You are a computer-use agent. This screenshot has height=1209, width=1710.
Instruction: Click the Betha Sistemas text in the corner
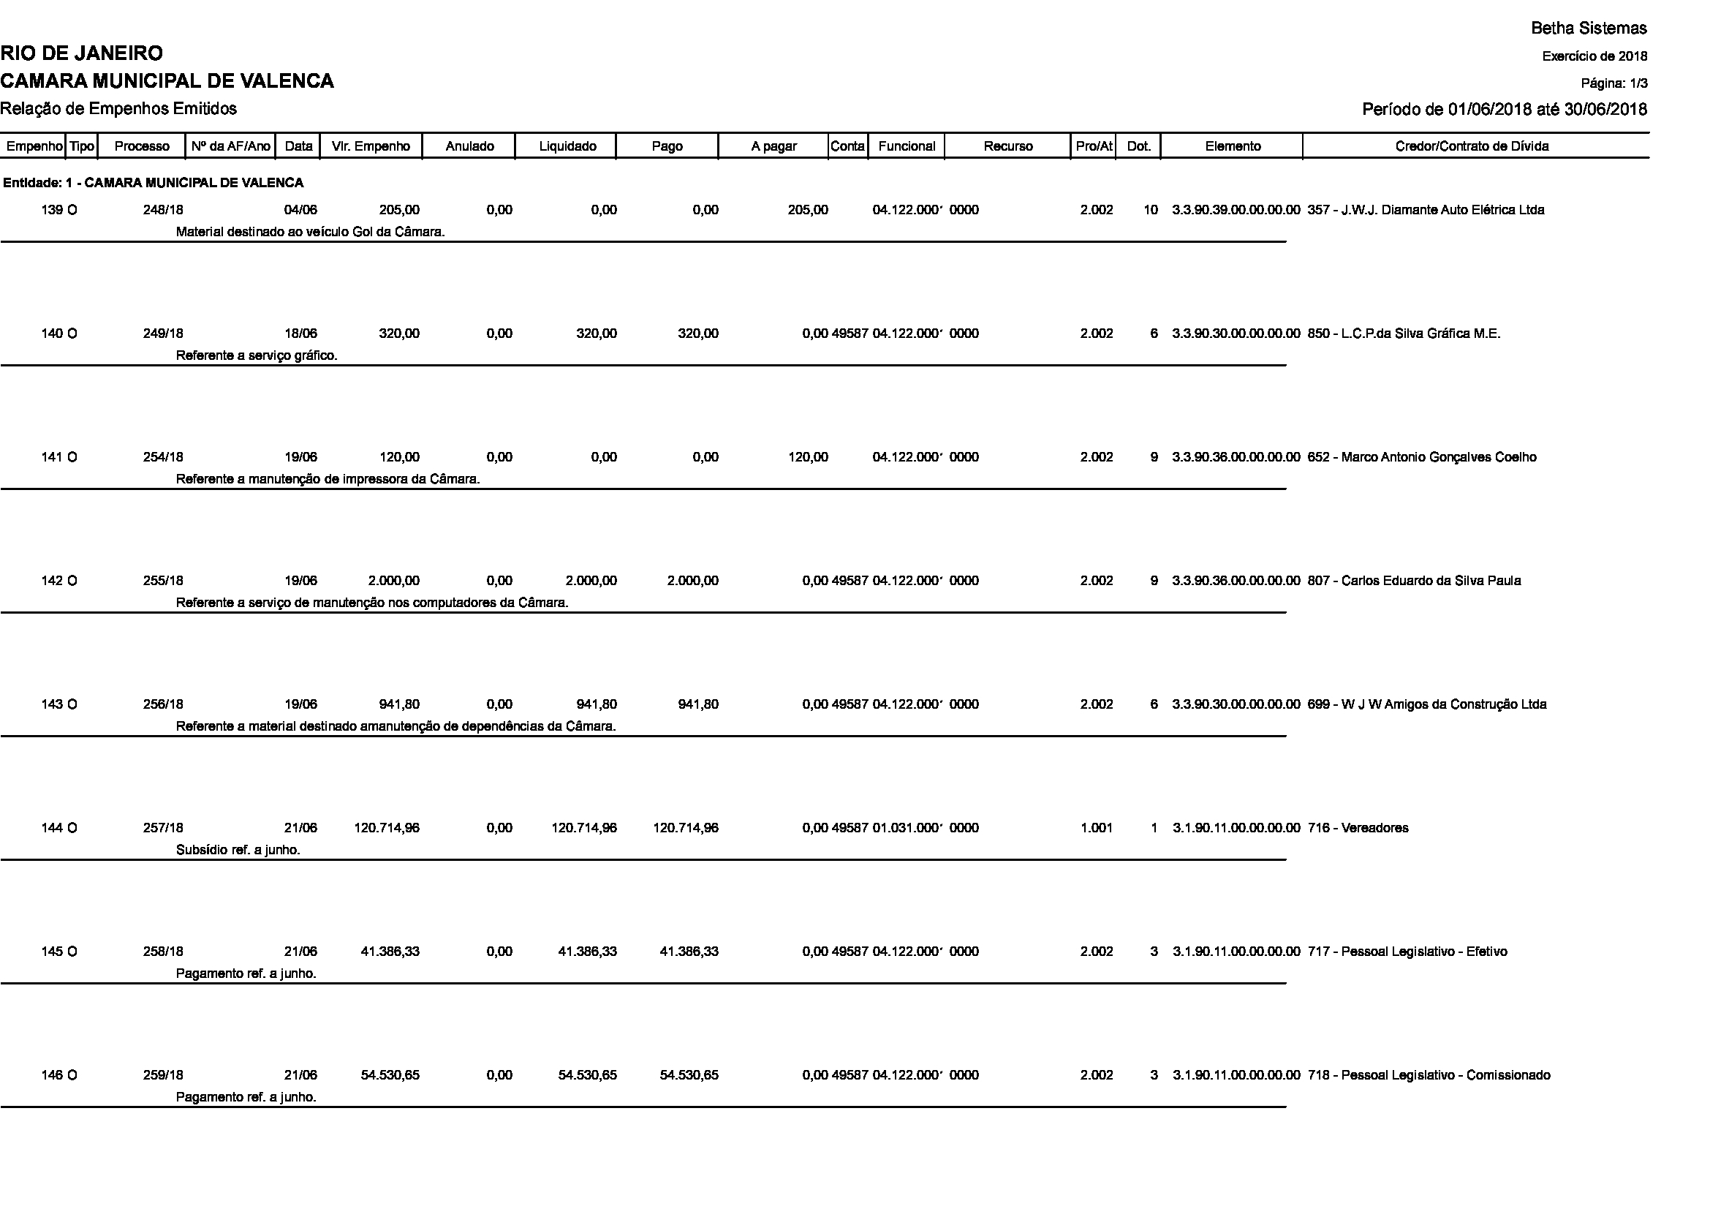point(1589,29)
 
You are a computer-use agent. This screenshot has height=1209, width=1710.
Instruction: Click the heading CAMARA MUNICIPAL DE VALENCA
point(167,81)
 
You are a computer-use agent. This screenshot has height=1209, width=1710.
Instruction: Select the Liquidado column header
point(567,147)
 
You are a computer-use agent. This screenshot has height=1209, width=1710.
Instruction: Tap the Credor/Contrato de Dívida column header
point(1472,147)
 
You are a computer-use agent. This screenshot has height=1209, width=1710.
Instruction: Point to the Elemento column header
point(1233,147)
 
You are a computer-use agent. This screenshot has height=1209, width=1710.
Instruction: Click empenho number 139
point(52,210)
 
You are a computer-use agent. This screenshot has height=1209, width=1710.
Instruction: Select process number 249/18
point(163,334)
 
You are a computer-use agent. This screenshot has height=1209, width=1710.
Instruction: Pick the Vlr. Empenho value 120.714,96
point(387,828)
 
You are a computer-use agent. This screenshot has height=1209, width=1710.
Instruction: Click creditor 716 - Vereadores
point(1358,828)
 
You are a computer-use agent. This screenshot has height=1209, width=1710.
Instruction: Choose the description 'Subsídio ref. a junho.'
point(238,850)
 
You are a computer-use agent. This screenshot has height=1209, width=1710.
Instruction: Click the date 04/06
point(301,210)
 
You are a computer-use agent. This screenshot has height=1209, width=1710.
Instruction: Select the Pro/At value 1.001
point(1097,828)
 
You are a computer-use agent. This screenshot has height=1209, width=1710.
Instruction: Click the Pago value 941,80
point(698,704)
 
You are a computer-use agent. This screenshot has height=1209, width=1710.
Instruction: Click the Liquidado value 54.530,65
point(588,1075)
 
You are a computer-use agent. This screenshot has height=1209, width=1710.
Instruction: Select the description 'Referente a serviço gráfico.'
point(257,356)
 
